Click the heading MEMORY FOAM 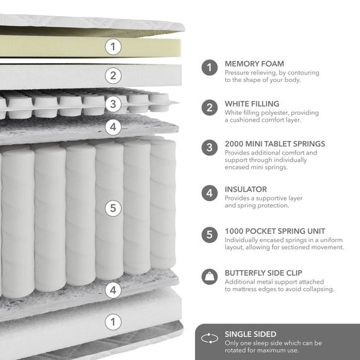pos(254,63)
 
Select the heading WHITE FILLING pos(252,104)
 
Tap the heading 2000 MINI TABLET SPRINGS pos(275,144)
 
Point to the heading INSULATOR pos(246,189)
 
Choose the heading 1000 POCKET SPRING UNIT pos(275,231)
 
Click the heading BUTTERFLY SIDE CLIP pos(264,273)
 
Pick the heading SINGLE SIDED pos(251,334)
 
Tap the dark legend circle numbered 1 pos(210,68)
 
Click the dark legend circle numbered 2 pos(210,107)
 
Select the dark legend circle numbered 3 pos(210,148)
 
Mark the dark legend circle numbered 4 pos(210,193)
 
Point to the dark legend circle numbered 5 pos(210,235)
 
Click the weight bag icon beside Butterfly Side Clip pos(210,277)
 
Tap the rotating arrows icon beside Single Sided pos(210,338)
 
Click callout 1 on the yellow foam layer pos(113,47)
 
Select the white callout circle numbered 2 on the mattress pos(113,76)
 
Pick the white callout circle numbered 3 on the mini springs pos(113,104)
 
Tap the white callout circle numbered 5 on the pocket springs pos(113,208)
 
